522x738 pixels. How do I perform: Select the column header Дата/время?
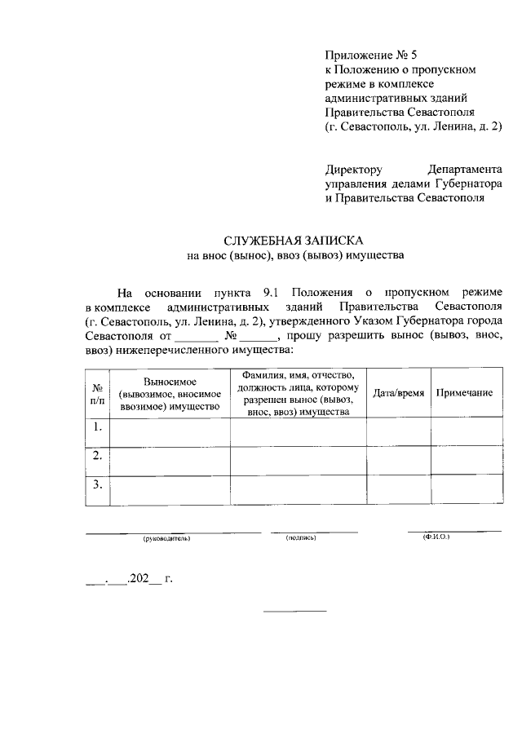click(x=398, y=393)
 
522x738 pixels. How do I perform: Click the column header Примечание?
click(x=464, y=393)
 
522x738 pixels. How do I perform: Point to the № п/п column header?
click(x=97, y=393)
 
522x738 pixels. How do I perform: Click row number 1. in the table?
click(x=97, y=427)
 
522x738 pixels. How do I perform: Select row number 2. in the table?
click(x=97, y=456)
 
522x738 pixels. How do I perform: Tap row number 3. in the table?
click(x=97, y=485)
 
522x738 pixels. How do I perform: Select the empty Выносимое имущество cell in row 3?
click(x=170, y=490)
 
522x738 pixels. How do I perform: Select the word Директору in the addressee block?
click(x=353, y=170)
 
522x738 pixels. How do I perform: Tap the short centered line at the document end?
click(x=294, y=611)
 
